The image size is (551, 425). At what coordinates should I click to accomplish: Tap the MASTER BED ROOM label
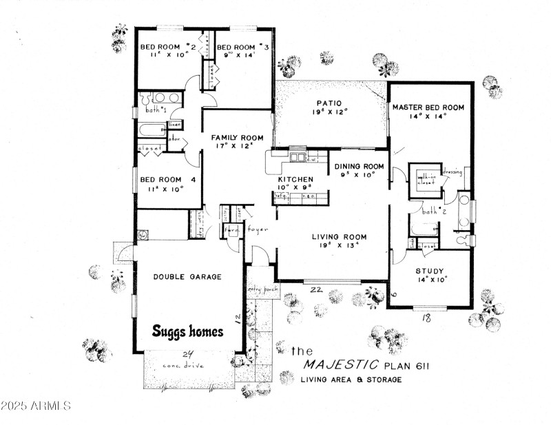[x=428, y=108]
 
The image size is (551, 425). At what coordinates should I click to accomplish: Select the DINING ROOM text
[x=359, y=167]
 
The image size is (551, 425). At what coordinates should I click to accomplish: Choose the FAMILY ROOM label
[x=237, y=138]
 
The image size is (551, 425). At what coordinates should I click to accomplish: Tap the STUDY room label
[x=430, y=271]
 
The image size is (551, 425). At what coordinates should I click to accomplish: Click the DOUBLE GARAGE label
[x=187, y=277]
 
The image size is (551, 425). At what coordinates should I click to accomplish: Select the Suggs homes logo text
[x=187, y=331]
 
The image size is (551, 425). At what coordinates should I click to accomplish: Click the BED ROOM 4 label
[x=168, y=180]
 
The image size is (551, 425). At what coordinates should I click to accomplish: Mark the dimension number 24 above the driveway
[x=187, y=353]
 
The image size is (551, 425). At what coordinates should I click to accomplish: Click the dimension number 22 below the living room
[x=318, y=289]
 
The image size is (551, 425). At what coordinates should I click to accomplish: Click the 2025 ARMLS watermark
[x=36, y=406]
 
